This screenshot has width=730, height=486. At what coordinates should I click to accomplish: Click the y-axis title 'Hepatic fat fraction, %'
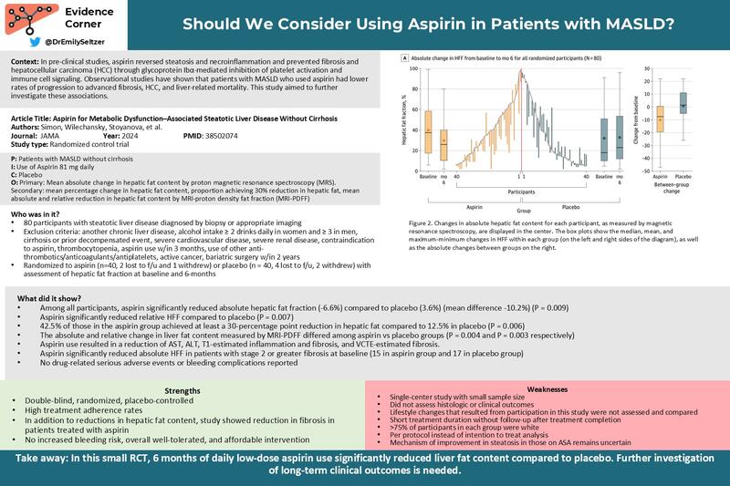pos(401,115)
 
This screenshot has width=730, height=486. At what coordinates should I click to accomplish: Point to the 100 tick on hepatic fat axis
pos(413,68)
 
